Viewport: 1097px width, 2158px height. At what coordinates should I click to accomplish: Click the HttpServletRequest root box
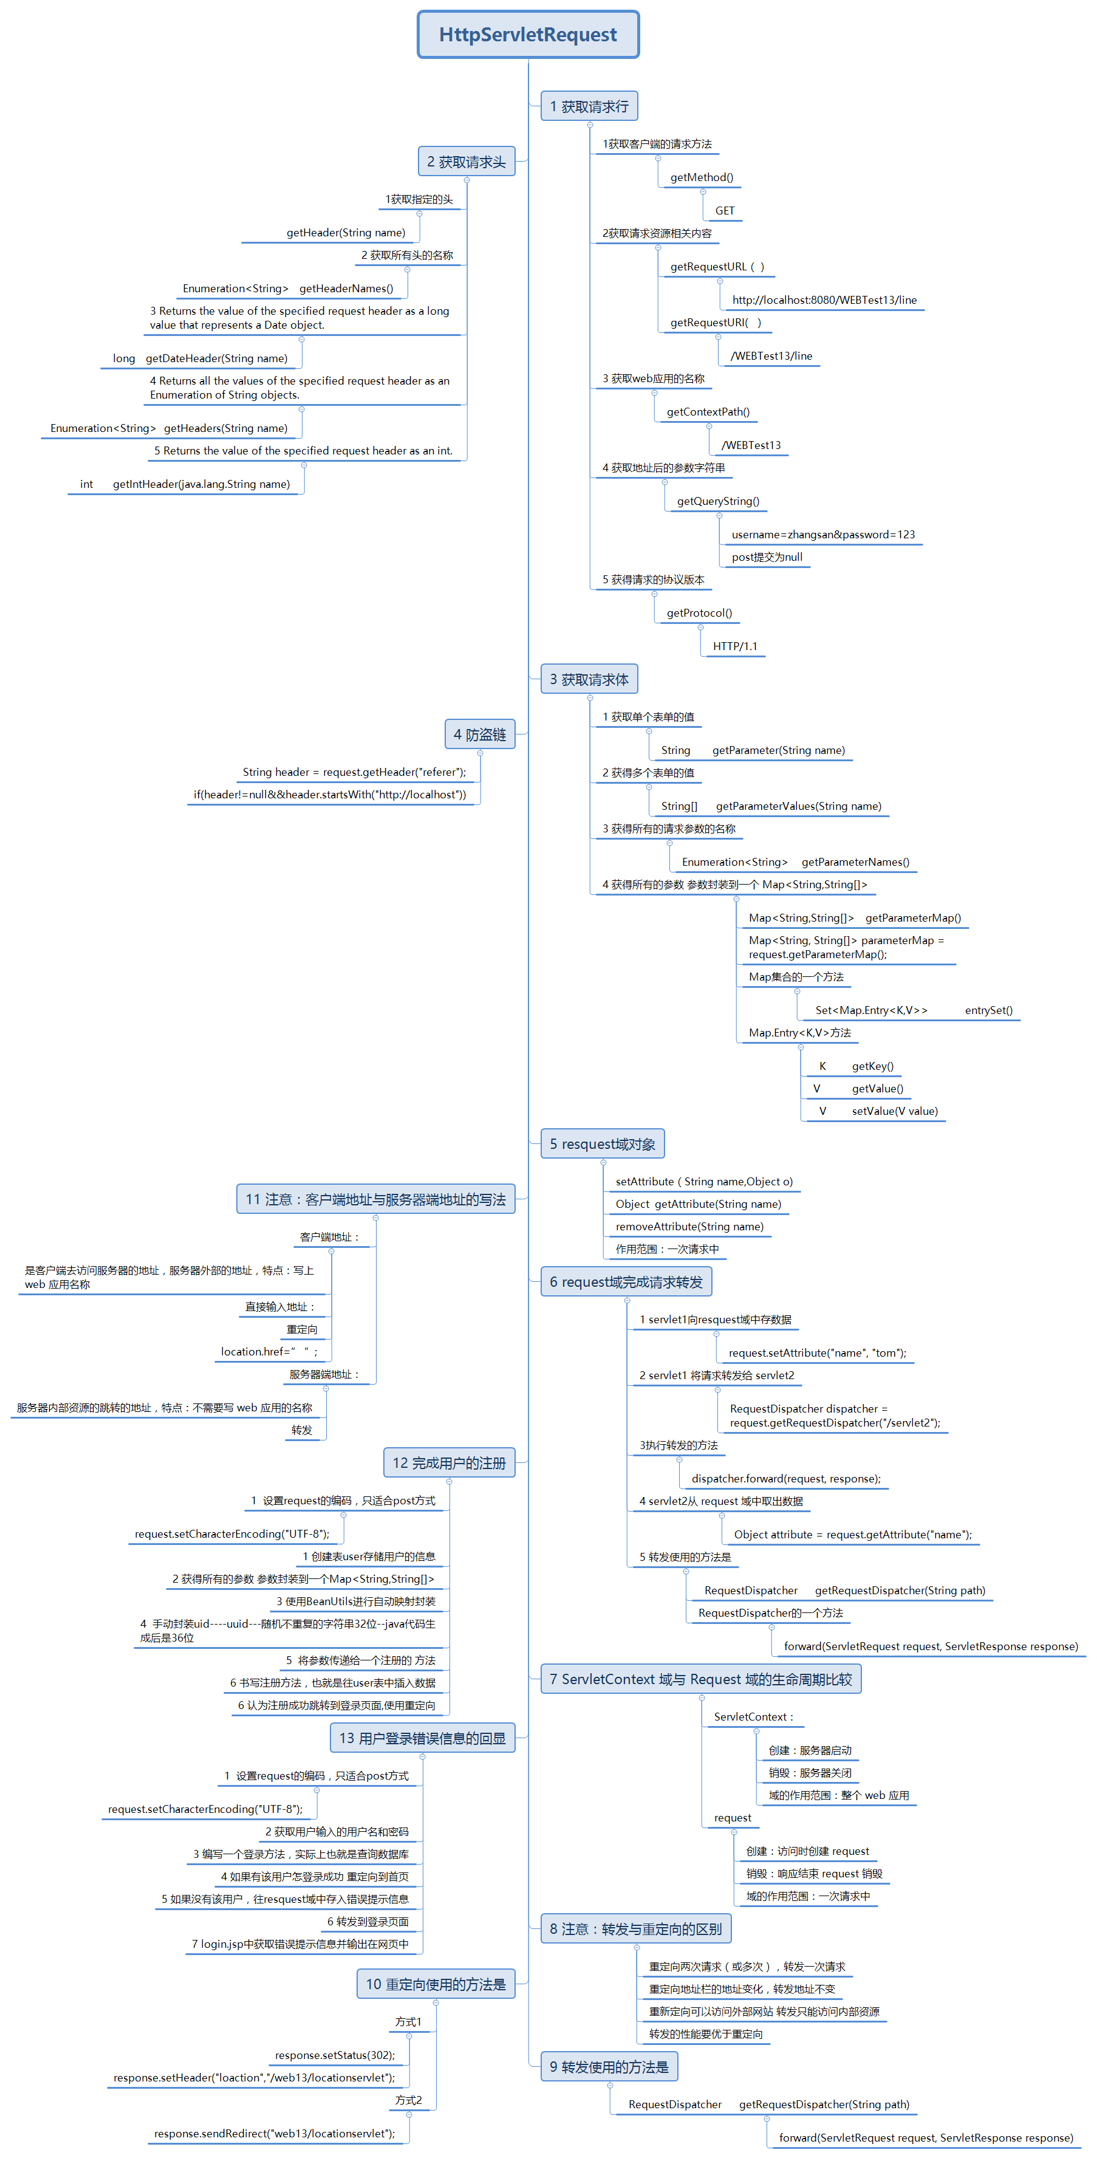(528, 35)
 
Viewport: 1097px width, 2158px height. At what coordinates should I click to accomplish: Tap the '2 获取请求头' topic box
(466, 162)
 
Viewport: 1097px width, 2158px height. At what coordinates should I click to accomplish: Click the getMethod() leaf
(701, 177)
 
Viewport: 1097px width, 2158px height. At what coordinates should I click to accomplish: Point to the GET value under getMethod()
(725, 211)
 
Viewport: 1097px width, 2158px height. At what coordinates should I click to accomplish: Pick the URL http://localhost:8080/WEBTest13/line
(824, 300)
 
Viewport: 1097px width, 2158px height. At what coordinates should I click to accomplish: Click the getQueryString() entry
(717, 501)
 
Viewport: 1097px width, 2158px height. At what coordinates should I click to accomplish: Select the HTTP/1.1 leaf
(734, 646)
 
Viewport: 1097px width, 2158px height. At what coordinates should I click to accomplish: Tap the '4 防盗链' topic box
(479, 735)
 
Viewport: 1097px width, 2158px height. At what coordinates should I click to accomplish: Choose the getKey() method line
(872, 1066)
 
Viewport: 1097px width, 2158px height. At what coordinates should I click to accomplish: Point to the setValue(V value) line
(894, 1111)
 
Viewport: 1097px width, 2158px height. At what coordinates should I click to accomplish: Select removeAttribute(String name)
(689, 1227)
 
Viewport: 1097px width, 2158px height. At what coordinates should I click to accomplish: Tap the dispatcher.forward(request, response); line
(785, 1479)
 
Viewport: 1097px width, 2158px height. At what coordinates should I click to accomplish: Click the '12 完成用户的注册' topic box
(449, 1463)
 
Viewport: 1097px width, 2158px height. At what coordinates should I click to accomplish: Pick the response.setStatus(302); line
(334, 2055)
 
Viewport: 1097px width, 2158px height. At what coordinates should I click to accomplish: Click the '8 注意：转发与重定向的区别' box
(635, 1928)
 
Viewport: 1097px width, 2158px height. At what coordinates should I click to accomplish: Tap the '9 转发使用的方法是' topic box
(609, 2067)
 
